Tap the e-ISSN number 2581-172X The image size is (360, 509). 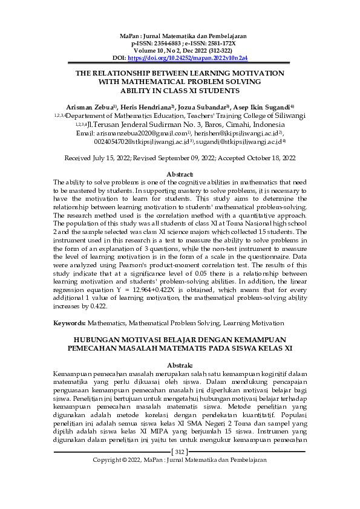218,45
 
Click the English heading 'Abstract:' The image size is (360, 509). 180,174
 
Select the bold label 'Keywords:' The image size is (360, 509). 70,324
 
